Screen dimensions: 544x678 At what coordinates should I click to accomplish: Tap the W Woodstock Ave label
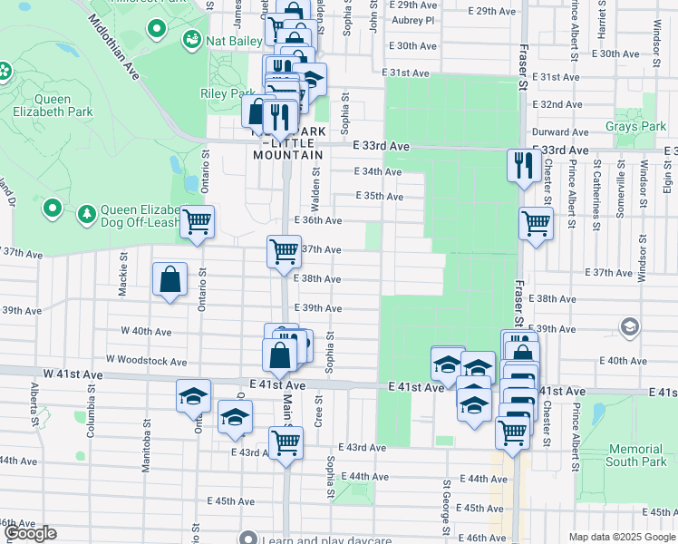[x=146, y=361]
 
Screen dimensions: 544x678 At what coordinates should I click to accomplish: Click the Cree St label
[x=318, y=410]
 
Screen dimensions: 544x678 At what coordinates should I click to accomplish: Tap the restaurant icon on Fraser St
[x=523, y=165]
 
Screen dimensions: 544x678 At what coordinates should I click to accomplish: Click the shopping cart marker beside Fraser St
[x=536, y=222]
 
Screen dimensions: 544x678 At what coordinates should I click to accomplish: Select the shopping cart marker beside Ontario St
[x=197, y=221]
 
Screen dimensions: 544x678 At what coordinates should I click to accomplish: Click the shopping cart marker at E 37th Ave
[x=284, y=250]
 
